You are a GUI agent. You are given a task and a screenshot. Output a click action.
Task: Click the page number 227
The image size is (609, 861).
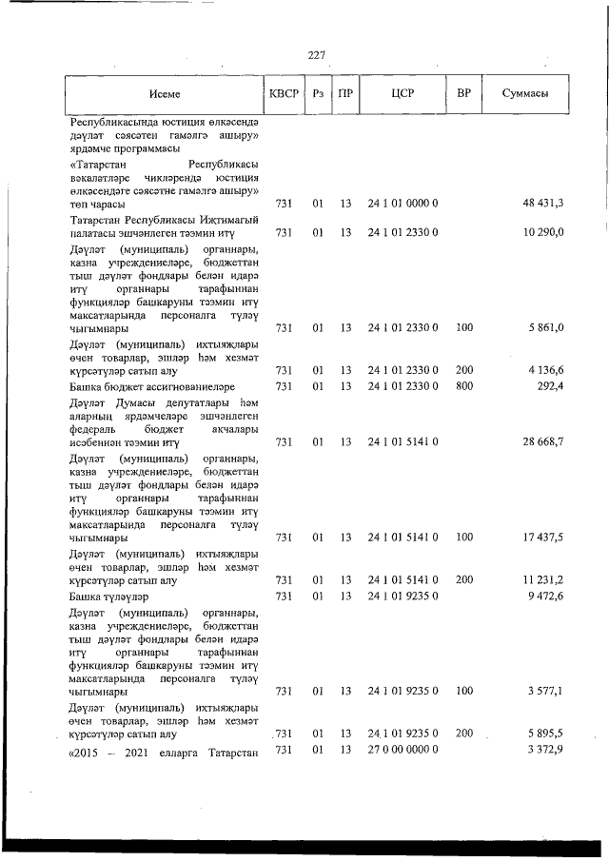[317, 54]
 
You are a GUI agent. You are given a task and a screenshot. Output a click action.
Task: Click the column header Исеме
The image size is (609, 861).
[164, 94]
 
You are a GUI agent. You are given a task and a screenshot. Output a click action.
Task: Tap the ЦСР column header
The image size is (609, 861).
[402, 93]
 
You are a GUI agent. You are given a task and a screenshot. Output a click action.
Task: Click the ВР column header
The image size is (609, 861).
[463, 93]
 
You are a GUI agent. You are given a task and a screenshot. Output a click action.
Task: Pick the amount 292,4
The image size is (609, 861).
[549, 387]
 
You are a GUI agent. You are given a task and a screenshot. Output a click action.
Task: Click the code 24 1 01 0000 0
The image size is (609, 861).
[403, 204]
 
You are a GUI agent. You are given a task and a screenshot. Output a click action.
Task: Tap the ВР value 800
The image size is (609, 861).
[464, 387]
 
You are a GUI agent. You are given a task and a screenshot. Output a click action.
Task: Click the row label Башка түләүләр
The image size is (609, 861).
[106, 596]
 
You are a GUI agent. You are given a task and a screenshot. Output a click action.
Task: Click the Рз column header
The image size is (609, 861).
[318, 93]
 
